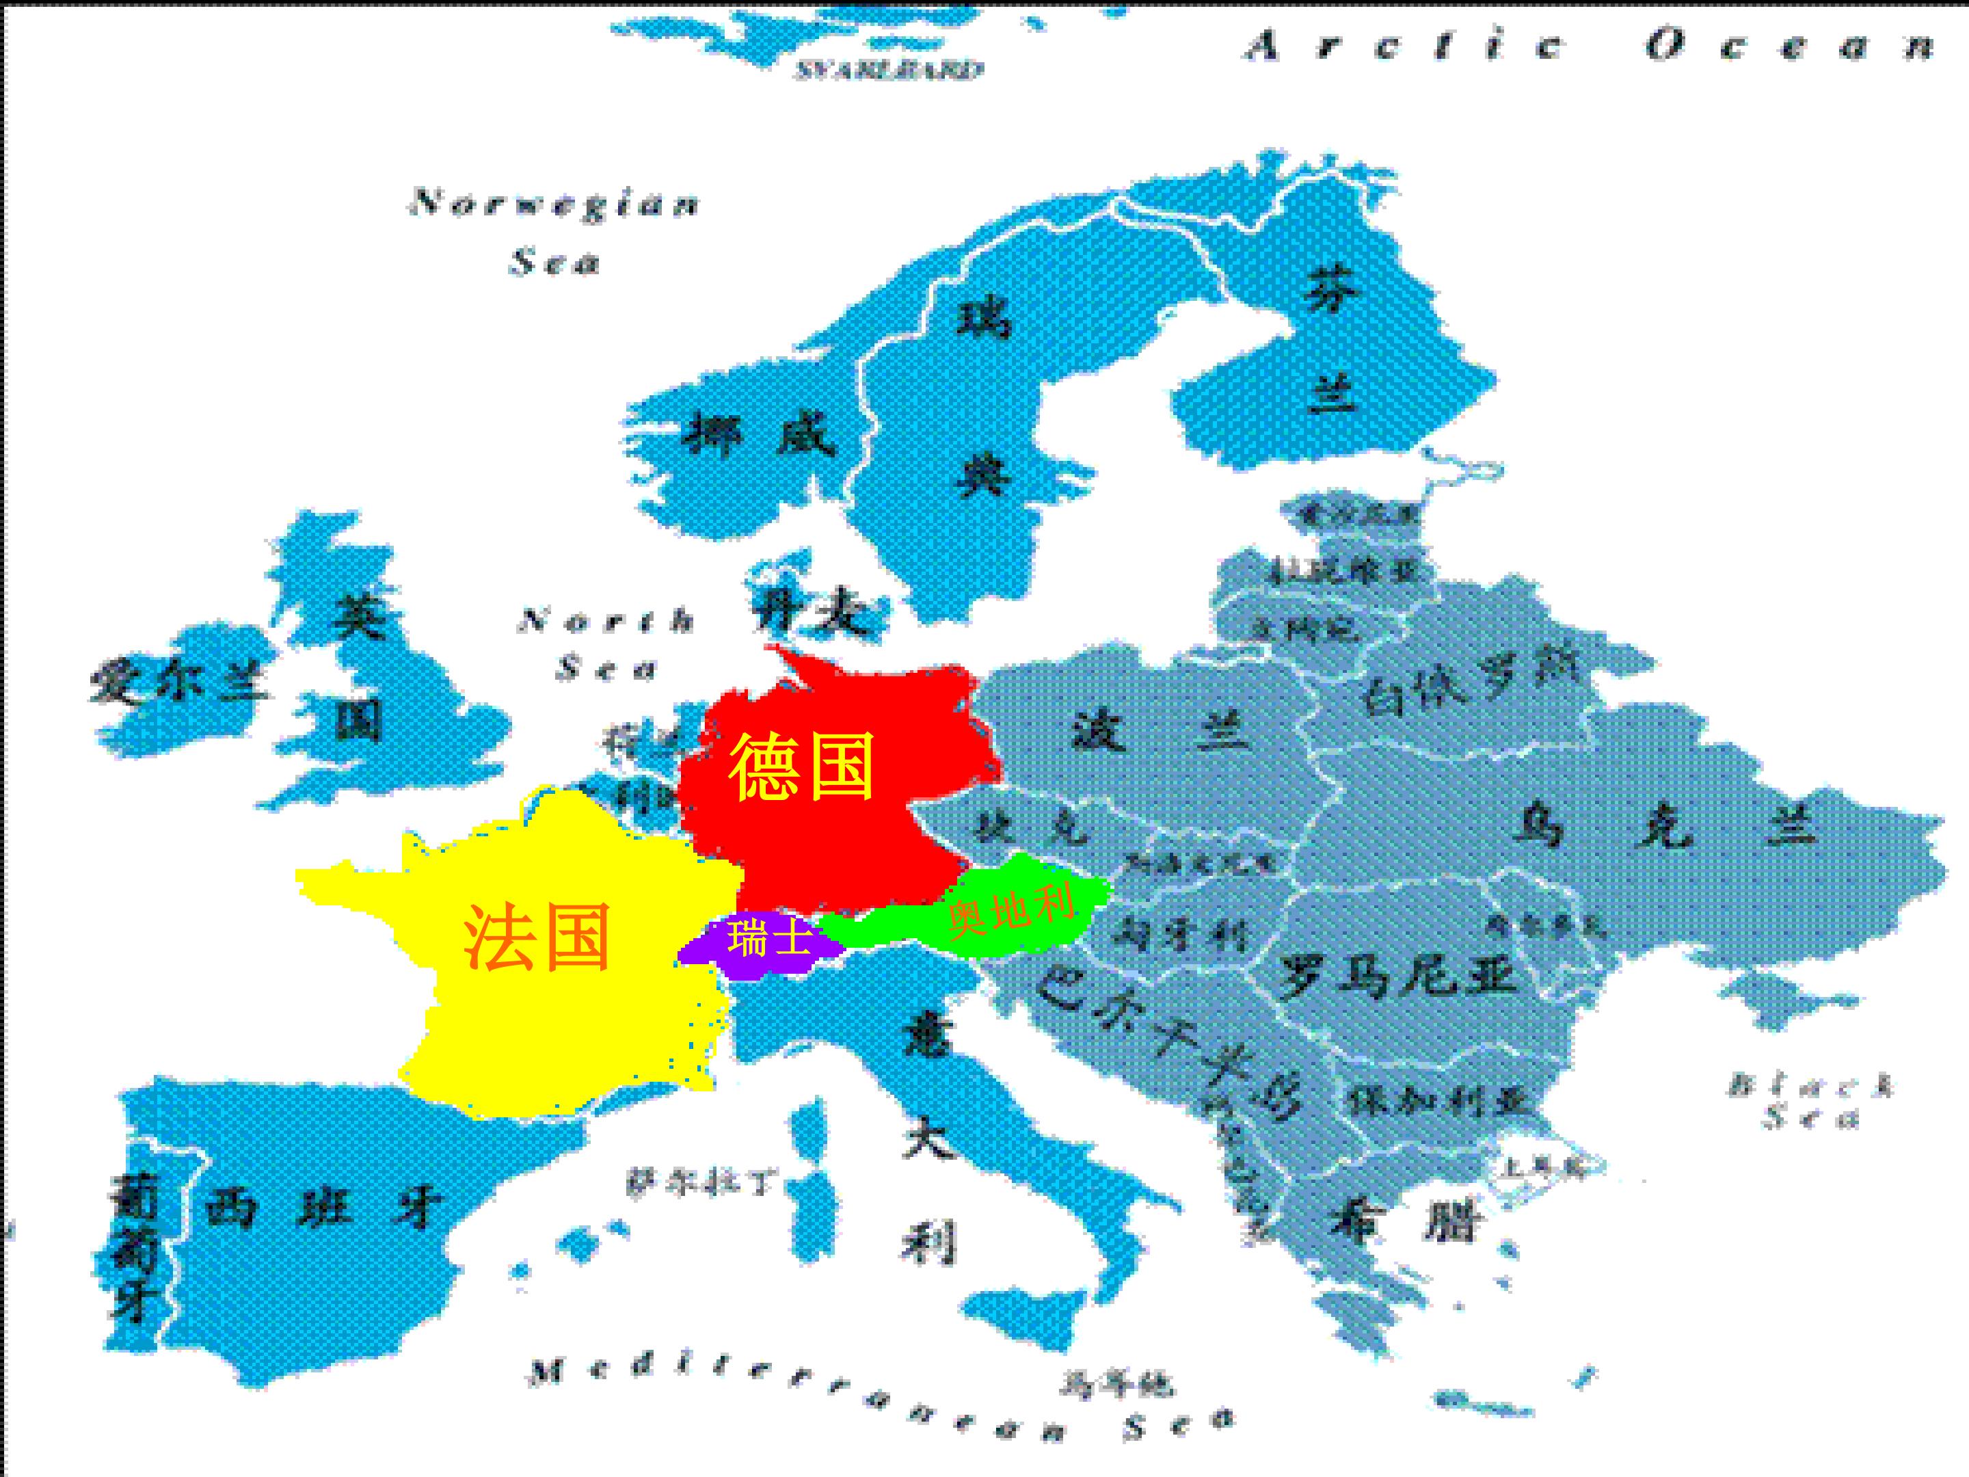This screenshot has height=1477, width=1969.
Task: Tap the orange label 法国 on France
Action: pos(537,937)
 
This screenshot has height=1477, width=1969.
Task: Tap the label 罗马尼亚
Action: pos(1397,976)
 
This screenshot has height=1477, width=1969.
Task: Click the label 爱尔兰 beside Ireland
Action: pos(178,684)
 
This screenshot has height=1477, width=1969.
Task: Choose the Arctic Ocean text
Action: pos(1589,44)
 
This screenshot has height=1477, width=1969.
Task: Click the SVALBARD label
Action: pos(888,70)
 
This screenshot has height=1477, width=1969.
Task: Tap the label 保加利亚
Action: pos(1438,1102)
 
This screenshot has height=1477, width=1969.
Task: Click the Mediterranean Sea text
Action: pos(881,1407)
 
